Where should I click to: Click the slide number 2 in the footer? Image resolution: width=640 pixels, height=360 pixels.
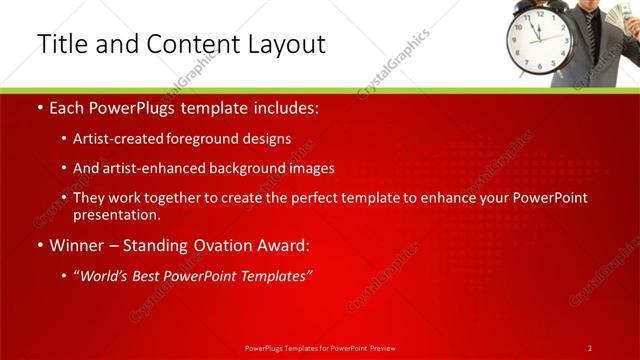590,348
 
